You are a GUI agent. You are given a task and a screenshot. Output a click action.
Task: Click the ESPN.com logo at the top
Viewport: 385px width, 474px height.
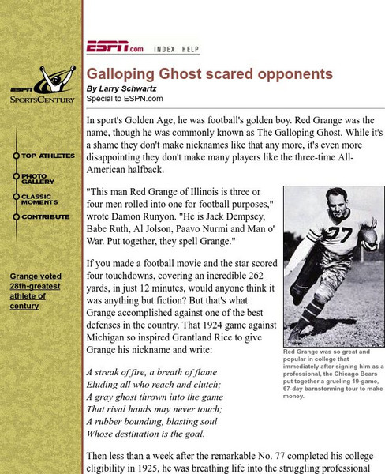pyautogui.click(x=114, y=47)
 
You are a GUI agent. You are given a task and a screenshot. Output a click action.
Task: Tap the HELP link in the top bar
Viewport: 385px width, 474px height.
pyautogui.click(x=190, y=49)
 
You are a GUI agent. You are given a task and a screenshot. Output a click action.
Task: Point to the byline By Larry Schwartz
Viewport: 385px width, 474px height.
pyautogui.click(x=122, y=88)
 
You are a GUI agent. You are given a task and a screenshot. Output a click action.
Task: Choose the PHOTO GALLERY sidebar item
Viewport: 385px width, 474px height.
pyautogui.click(x=39, y=179)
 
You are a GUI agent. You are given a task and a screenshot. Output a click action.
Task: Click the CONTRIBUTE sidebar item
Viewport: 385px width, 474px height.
pyautogui.click(x=46, y=216)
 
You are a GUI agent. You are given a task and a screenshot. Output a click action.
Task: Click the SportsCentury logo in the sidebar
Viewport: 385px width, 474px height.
pyautogui.click(x=43, y=88)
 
